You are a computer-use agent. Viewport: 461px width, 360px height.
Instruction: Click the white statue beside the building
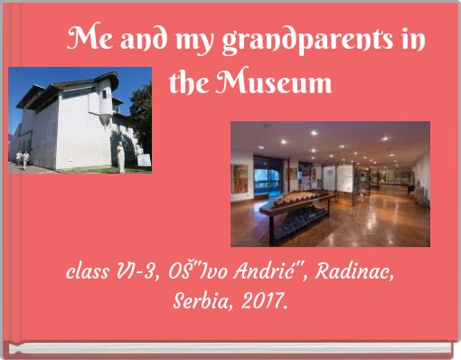tap(120, 156)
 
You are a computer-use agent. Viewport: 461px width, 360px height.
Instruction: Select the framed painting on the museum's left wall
tap(240, 178)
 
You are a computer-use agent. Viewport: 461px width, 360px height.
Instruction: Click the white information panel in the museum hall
tap(344, 176)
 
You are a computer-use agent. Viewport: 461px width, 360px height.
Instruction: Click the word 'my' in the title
tap(184, 42)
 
